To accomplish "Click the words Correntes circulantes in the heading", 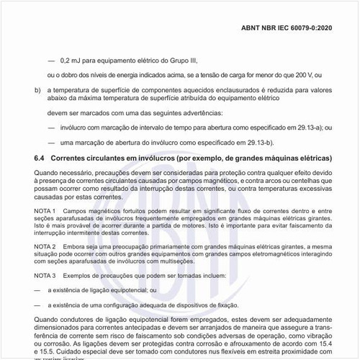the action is click(94, 157).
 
